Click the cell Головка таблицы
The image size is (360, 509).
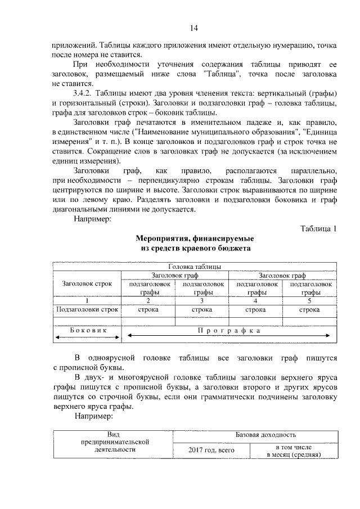pyautogui.click(x=194, y=267)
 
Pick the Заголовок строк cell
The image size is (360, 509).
pyautogui.click(x=87, y=284)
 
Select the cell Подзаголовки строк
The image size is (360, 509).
pyautogui.click(x=87, y=309)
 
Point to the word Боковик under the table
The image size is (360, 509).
pyautogui.click(x=87, y=330)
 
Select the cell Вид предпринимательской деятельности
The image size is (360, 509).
pyautogui.click(x=112, y=442)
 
